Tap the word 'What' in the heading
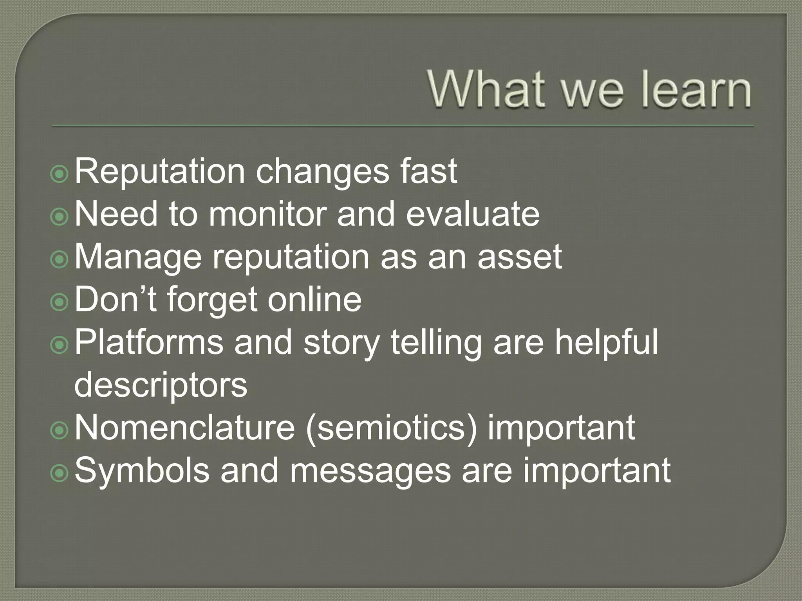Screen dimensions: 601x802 486,90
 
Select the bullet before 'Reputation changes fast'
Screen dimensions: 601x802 60,175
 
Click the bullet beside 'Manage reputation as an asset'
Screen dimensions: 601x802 60,260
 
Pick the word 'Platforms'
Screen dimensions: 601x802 148,342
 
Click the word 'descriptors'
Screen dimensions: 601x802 161,385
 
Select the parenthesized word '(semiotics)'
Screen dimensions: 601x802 392,428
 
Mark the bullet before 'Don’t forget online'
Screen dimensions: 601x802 60,303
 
